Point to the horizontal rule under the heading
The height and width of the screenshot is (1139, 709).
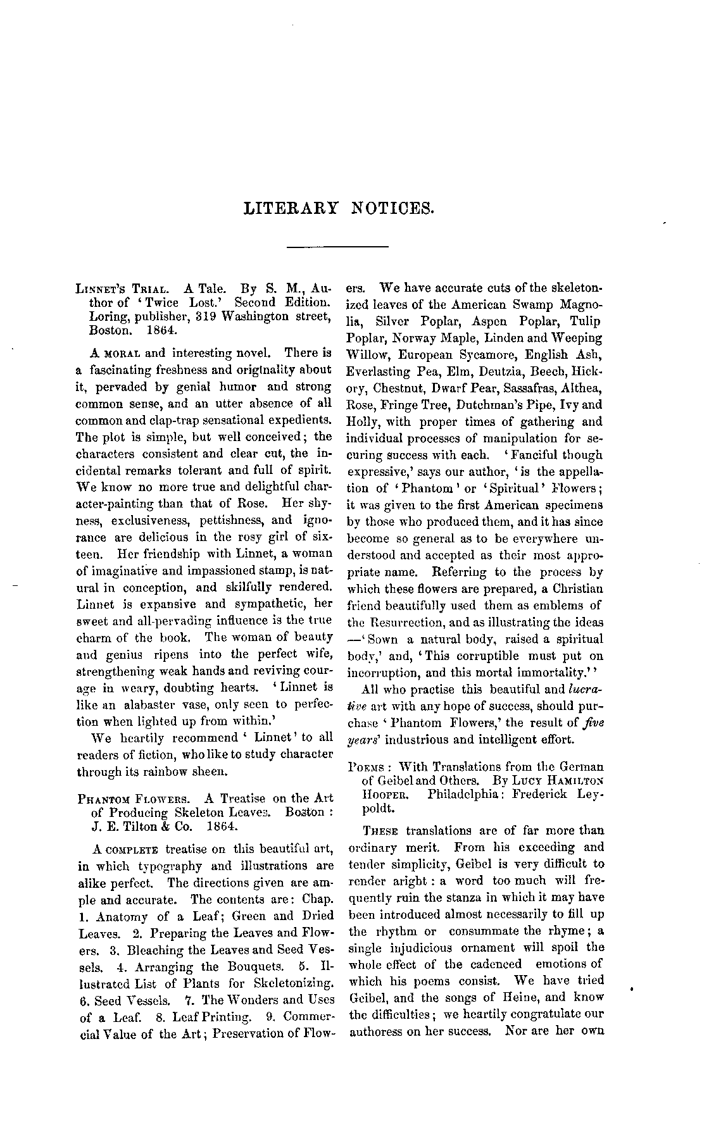click(337, 246)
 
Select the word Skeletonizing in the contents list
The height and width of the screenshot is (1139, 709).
click(293, 984)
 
